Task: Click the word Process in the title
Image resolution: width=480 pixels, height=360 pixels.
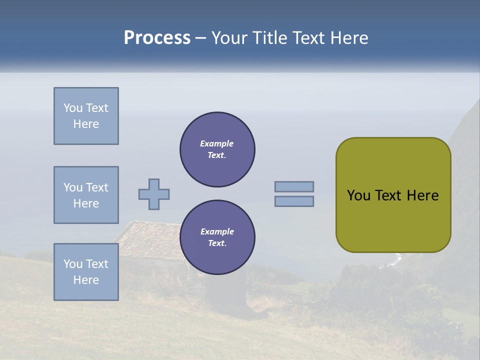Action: tap(157, 38)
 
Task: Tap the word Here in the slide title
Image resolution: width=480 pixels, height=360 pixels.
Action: tap(348, 38)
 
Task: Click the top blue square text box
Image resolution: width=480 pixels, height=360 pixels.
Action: tap(86, 116)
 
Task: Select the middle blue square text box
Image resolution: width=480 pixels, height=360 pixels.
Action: tap(86, 195)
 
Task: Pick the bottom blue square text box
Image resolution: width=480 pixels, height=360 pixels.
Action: tap(86, 272)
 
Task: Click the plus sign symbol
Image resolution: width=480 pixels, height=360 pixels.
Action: tap(154, 194)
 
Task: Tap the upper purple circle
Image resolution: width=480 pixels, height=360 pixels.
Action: tap(217, 149)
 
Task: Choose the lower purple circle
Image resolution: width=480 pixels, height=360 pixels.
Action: tap(217, 237)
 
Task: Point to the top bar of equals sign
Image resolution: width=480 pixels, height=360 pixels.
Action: tap(294, 186)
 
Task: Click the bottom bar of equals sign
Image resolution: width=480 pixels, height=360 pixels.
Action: tap(294, 201)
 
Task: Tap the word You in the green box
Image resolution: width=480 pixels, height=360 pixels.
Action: tap(358, 195)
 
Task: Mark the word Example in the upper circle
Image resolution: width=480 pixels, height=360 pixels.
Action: tap(216, 143)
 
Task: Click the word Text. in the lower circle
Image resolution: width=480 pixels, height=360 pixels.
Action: tap(217, 243)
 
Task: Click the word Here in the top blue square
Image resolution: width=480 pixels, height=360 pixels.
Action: tap(86, 124)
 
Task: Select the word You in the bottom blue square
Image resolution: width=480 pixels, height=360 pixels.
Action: tap(73, 264)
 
